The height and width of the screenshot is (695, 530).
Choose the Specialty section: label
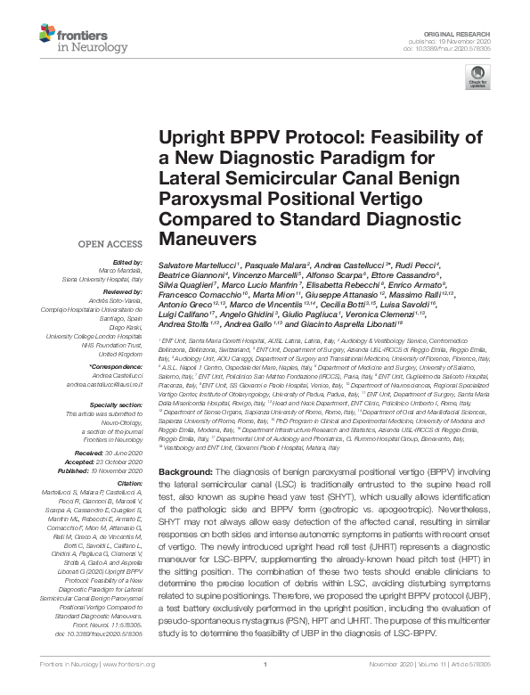coord(118,404)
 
